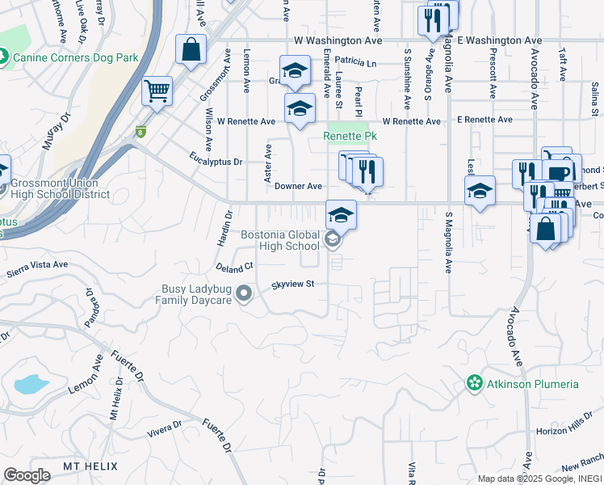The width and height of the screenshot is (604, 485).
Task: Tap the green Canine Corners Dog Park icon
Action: point(3,57)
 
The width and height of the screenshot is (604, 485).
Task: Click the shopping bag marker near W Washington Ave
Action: point(191,49)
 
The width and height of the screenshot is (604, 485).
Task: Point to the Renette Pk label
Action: point(350,136)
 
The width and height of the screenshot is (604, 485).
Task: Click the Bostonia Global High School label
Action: point(280,240)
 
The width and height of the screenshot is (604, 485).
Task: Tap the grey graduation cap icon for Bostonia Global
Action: point(331,239)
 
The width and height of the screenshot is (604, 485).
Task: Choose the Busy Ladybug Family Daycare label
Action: point(193,294)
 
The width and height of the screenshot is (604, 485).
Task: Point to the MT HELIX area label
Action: point(90,466)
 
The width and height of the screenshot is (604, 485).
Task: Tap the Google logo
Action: point(27,475)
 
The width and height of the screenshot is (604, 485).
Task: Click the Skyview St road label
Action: point(292,284)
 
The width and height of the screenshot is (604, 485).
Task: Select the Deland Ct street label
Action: point(234,266)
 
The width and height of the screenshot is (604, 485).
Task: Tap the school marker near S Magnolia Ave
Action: point(480,192)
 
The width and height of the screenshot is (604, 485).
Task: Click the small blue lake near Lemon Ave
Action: point(31,383)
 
